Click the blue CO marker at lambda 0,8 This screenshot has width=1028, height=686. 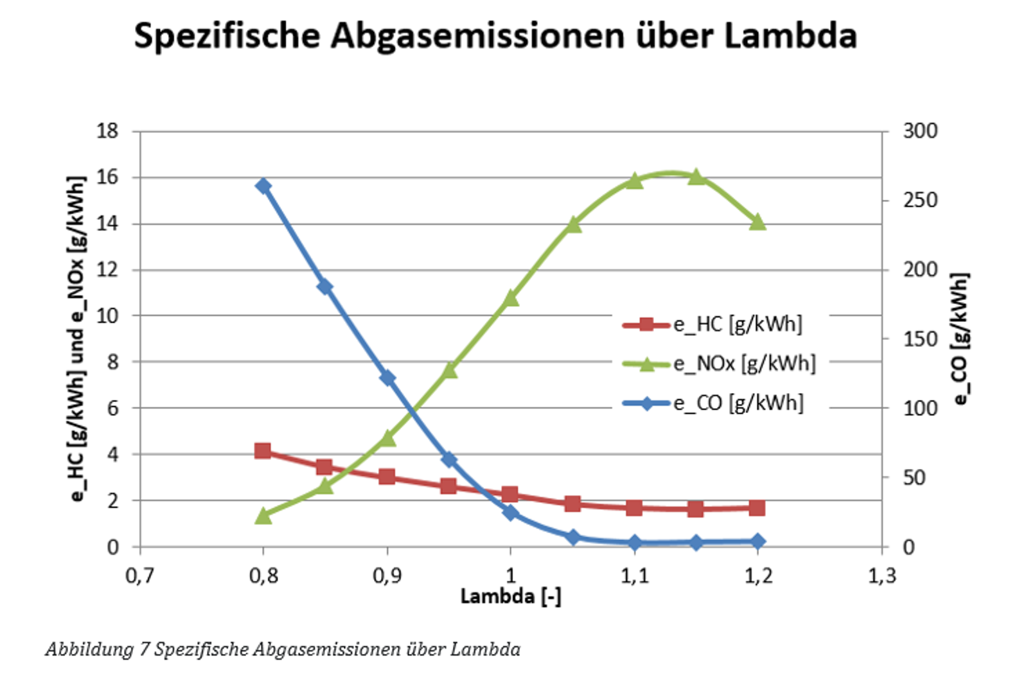tap(263, 186)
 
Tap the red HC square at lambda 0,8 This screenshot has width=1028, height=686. tap(262, 451)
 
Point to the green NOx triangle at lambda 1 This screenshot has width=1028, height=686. tap(511, 298)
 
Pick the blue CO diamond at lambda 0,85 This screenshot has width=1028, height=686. tap(325, 286)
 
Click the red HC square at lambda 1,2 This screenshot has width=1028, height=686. tap(757, 508)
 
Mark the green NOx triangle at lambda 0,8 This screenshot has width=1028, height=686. tap(263, 516)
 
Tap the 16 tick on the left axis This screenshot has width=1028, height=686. tap(107, 177)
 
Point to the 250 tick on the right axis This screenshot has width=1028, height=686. tap(920, 200)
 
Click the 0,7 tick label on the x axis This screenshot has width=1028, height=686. tap(139, 576)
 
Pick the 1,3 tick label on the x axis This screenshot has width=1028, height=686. tap(882, 576)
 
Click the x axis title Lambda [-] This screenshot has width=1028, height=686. tap(511, 596)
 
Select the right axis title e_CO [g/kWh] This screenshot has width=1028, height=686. tap(960, 339)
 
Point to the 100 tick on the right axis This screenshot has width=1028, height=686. tap(920, 408)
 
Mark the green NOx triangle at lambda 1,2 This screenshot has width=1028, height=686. tap(758, 222)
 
